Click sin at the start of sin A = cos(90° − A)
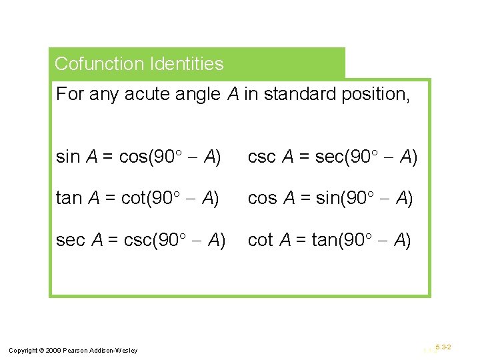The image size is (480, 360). (x=67, y=157)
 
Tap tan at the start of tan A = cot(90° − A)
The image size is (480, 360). (x=68, y=198)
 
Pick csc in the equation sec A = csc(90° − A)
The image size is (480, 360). (x=137, y=239)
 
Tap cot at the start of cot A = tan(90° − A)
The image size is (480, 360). (x=259, y=239)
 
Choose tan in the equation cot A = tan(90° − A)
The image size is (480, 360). (x=324, y=239)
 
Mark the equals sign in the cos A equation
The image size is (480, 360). (x=302, y=198)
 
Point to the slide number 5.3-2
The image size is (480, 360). (x=443, y=347)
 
